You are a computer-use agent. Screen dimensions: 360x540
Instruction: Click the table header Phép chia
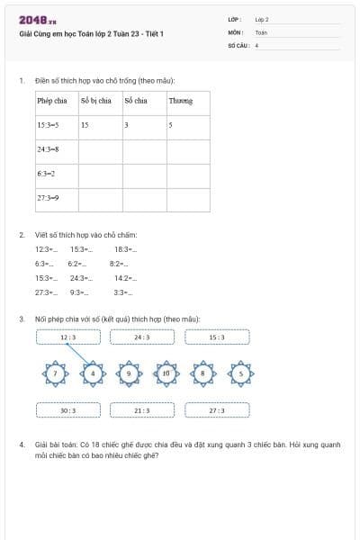[52, 101]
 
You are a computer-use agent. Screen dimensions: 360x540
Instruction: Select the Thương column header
[181, 101]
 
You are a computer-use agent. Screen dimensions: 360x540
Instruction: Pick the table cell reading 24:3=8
[49, 148]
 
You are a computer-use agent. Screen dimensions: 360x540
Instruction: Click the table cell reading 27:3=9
[49, 197]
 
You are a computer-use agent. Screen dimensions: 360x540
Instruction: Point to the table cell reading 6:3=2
[47, 173]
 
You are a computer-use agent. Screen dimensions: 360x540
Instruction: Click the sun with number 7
[57, 373]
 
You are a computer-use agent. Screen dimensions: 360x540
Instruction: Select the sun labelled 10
[166, 373]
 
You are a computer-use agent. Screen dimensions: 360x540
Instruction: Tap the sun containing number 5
[240, 373]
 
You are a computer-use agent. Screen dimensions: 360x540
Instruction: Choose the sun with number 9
[130, 373]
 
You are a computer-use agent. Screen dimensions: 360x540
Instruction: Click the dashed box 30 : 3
[68, 409]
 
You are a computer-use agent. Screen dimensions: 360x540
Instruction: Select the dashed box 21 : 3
[142, 409]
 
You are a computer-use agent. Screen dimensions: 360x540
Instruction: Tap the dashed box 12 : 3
[68, 337]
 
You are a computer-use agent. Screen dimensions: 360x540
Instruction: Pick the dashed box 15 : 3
[217, 337]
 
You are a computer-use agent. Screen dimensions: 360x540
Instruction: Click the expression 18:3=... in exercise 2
[125, 249]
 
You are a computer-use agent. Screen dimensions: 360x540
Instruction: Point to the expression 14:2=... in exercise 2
[124, 278]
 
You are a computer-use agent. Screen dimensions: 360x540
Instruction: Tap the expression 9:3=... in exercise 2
[79, 292]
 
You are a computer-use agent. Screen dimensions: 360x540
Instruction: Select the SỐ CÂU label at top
[238, 43]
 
